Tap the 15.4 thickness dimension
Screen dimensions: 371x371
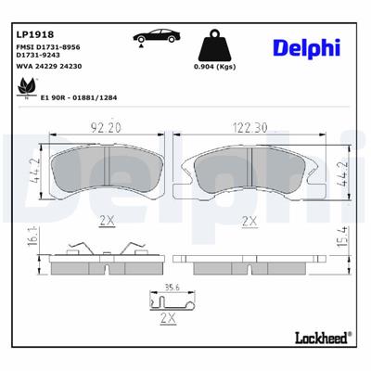(x=341, y=249)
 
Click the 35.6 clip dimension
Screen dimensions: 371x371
(x=170, y=288)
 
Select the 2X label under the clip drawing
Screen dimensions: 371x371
(x=169, y=318)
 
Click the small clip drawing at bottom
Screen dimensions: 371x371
(x=170, y=301)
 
